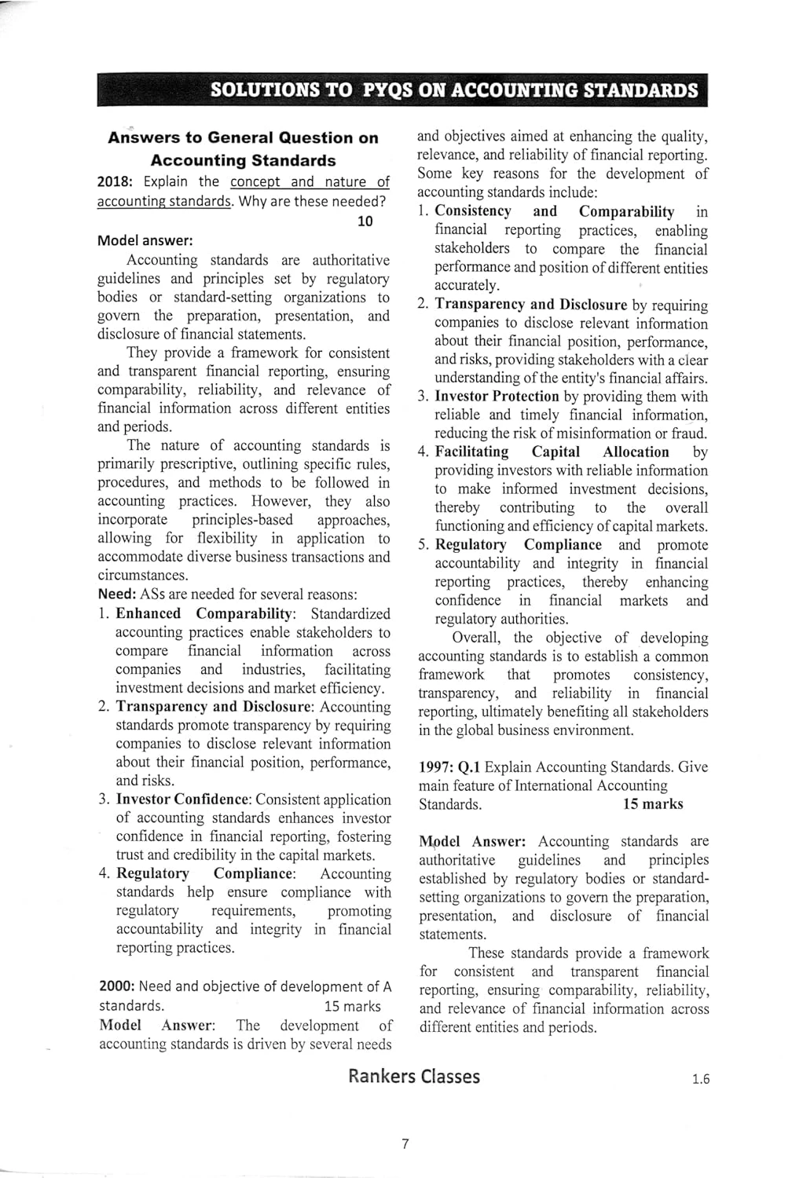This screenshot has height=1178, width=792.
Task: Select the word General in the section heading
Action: (x=253, y=137)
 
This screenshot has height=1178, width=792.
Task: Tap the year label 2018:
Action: (x=115, y=182)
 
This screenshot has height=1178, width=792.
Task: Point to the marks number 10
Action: (x=365, y=221)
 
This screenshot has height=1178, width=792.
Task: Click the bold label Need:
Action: (x=117, y=594)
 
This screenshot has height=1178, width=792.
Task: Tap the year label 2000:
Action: (x=116, y=987)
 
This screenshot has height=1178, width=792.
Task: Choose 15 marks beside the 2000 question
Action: (x=352, y=1006)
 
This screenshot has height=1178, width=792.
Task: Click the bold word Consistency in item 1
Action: (x=473, y=211)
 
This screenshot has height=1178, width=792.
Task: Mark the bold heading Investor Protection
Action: (x=497, y=397)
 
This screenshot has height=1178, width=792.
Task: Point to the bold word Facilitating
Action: (x=471, y=452)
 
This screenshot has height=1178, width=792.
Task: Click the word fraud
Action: (x=687, y=434)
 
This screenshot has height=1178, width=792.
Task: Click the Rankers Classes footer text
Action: (x=414, y=1077)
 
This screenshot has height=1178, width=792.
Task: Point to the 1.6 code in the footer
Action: (x=701, y=1080)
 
